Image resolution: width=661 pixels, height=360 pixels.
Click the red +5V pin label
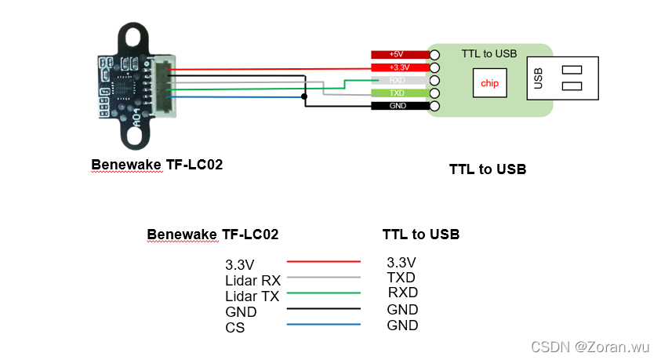point(397,55)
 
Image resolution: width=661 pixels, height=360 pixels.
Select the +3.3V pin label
point(397,67)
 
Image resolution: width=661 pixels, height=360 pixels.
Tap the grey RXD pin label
point(397,80)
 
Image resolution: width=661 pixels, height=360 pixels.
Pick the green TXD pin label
point(397,93)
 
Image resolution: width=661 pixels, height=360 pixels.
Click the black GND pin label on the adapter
point(397,106)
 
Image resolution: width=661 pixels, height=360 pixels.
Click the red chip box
point(489,83)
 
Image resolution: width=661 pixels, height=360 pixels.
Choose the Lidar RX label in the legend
point(252,280)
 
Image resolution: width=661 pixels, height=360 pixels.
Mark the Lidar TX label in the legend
point(252,296)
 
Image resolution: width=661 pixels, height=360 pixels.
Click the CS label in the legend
point(234,328)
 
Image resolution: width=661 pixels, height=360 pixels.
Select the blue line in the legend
point(324,325)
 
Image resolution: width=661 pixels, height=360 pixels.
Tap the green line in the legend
point(324,293)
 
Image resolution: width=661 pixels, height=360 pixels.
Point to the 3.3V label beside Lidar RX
point(240,265)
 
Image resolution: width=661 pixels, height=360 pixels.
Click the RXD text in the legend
point(402,293)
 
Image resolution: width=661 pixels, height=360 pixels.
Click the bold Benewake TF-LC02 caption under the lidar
point(157,165)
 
